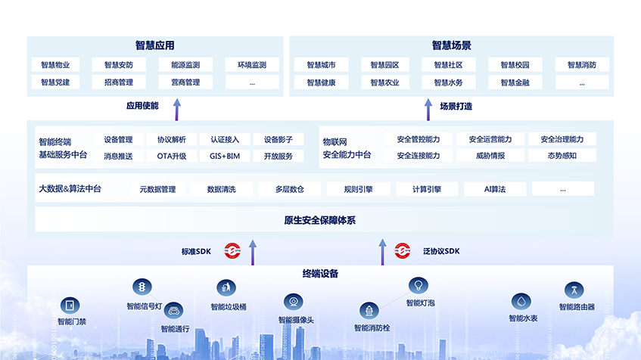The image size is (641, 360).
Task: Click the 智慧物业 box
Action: tap(55, 65)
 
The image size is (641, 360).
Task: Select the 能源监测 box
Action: tap(185, 65)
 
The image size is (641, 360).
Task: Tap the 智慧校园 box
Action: tap(515, 65)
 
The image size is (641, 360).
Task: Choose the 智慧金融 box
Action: tap(515, 82)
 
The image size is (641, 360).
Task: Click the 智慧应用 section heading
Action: tap(155, 45)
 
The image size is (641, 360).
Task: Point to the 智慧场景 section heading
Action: tap(452, 45)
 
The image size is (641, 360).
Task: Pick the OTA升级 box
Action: tap(171, 157)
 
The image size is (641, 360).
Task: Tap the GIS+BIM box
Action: tap(225, 157)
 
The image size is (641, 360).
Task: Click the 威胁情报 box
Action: tap(490, 156)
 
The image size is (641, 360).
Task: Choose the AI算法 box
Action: tap(495, 189)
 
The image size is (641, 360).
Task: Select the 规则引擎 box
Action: tap(358, 189)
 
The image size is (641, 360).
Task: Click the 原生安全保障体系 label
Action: tap(320, 221)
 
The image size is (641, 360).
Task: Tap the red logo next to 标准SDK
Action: tap(232, 250)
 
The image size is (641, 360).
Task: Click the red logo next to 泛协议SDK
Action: tap(403, 250)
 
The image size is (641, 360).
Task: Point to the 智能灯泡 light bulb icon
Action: tap(417, 285)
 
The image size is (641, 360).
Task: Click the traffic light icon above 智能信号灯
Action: tap(142, 287)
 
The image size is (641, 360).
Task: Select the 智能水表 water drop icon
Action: tap(520, 301)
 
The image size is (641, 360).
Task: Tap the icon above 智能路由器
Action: tap(574, 290)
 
